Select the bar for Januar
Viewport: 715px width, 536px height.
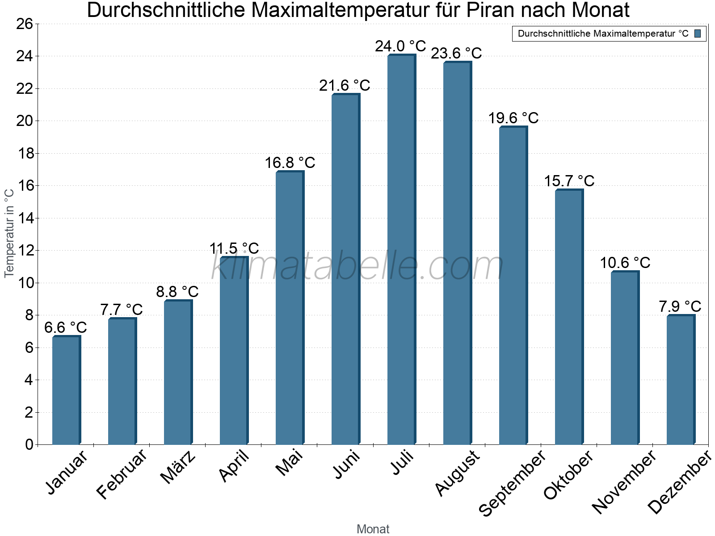coord(66,390)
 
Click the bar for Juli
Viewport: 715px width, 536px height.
coord(401,250)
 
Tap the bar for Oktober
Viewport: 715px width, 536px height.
coord(569,317)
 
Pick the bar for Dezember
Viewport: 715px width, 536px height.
coord(681,380)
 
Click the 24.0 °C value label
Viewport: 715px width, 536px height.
coord(400,46)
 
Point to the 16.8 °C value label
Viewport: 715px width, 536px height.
coord(290,163)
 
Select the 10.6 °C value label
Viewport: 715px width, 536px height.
coord(625,263)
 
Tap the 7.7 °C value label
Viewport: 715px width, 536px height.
coord(121,310)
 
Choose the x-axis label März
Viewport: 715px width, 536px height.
coord(178,467)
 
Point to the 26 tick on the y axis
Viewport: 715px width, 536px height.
coord(25,24)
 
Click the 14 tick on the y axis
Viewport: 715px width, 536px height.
coord(25,218)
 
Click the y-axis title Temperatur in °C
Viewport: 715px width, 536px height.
coord(9,232)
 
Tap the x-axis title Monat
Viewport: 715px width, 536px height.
coord(373,529)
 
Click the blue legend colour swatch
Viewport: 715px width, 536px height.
coord(698,33)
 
